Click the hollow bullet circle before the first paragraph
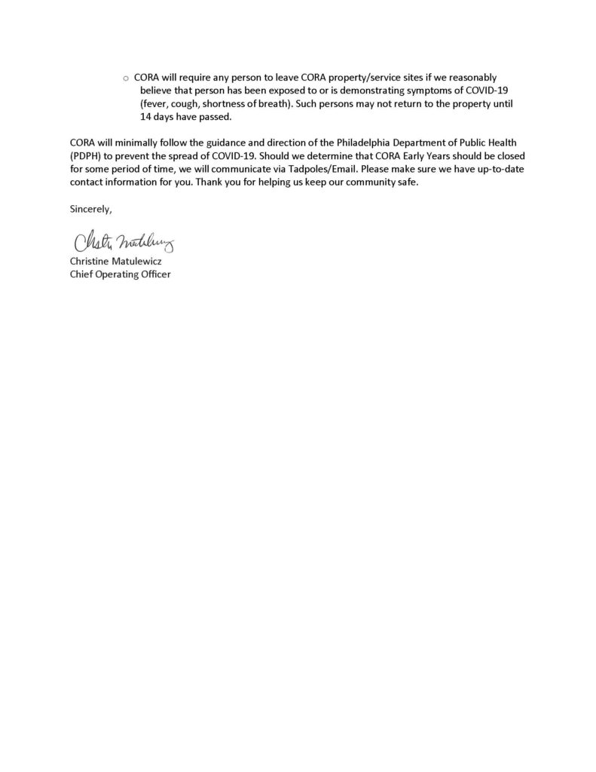(x=127, y=78)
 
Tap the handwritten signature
(x=124, y=244)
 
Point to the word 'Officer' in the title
(x=158, y=274)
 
